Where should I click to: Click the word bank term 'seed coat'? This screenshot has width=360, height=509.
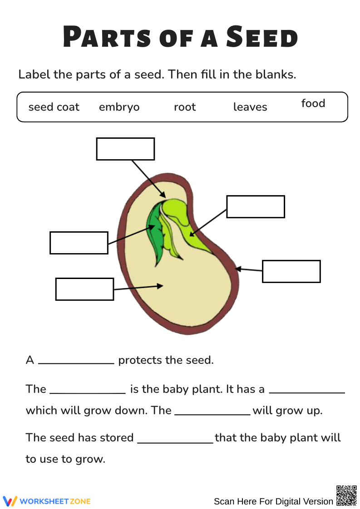pos(54,107)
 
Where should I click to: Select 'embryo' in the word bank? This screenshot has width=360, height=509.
pos(119,107)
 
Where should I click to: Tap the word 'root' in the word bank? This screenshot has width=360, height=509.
pos(185,107)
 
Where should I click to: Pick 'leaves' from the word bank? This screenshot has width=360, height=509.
pos(250,107)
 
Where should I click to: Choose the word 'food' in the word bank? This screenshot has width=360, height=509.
pos(313,103)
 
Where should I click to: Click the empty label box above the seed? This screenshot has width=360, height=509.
pos(125,149)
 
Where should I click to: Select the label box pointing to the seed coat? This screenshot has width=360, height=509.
pos(291,271)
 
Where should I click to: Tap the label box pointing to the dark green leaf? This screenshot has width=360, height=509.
pos(79,243)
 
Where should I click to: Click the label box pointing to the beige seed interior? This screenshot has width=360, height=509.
pos(84,289)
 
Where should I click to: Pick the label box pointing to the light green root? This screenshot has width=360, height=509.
pos(256,207)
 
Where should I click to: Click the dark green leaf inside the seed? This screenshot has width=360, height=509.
pos(156,231)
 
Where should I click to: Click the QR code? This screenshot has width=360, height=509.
pos(346,495)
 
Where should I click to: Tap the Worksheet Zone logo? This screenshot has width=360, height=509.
pos(47,501)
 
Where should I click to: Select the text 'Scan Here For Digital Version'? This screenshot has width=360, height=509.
pos(273,501)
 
